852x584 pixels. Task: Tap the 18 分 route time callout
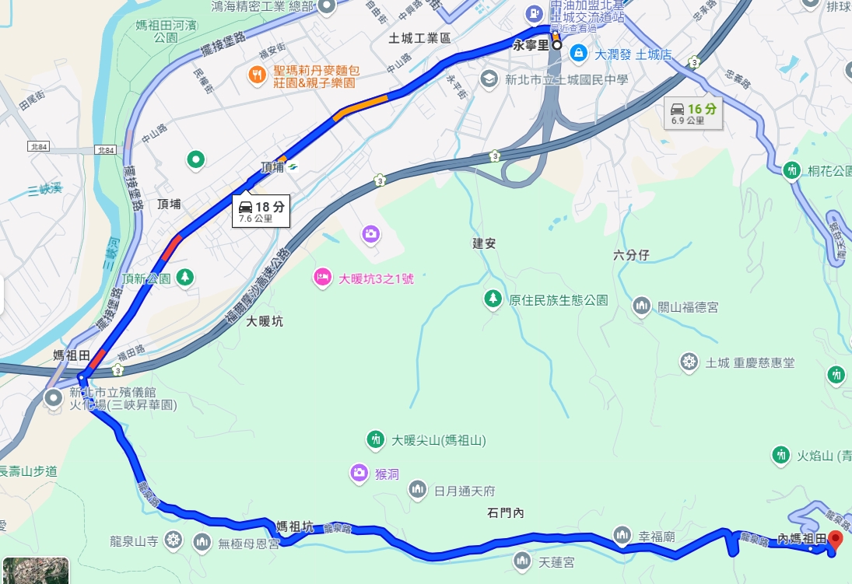click(261, 211)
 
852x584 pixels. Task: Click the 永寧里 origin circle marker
click(557, 45)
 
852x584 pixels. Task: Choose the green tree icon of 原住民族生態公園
click(493, 299)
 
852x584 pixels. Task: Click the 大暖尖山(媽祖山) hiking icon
click(376, 440)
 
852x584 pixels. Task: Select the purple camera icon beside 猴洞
click(359, 472)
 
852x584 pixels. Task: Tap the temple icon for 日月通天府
click(418, 490)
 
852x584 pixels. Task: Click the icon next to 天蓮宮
click(523, 561)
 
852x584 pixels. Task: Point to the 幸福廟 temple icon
click(621, 535)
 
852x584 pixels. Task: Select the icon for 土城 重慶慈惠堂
click(689, 362)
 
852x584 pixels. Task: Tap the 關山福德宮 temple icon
click(642, 306)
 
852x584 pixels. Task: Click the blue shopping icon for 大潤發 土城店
click(578, 53)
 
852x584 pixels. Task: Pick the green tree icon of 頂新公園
click(184, 277)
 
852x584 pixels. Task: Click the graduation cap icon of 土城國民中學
click(489, 79)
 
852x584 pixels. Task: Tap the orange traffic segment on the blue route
click(360, 107)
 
